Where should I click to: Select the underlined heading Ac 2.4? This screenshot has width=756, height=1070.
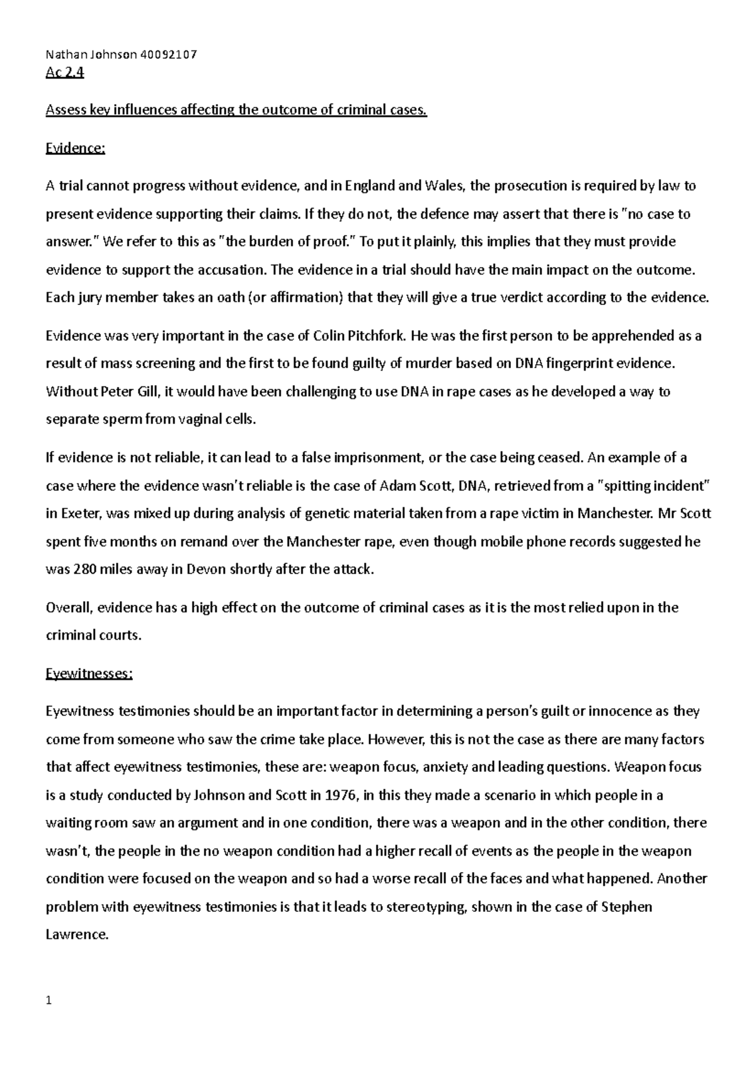coord(65,73)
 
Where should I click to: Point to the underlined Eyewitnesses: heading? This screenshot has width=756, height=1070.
coord(89,674)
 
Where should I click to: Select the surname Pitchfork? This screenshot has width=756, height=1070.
coord(377,336)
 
